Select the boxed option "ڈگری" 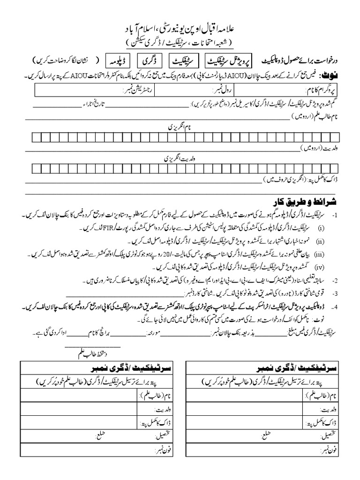click(150, 61)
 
